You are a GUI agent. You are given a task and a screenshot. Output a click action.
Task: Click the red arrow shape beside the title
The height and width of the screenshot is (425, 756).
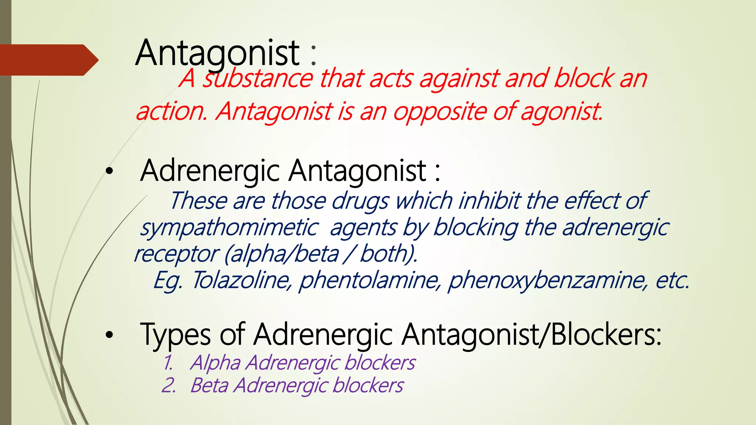(x=48, y=60)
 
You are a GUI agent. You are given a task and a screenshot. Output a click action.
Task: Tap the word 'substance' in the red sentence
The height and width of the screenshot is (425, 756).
(x=258, y=79)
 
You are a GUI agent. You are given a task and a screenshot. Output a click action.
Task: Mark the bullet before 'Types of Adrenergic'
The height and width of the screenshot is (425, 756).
(x=109, y=335)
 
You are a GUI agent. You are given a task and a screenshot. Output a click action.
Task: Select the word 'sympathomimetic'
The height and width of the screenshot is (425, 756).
(x=229, y=228)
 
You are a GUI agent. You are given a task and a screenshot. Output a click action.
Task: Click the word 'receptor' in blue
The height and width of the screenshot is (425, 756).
(x=176, y=254)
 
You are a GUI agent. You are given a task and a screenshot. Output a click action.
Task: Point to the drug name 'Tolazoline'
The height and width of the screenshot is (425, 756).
(x=242, y=280)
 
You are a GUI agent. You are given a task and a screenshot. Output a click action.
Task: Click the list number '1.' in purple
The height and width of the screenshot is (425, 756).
(x=168, y=363)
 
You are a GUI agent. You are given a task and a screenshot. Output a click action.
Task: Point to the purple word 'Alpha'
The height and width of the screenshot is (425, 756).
(x=216, y=363)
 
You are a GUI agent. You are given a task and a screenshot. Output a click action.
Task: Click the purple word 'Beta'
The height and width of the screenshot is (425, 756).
(x=209, y=386)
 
